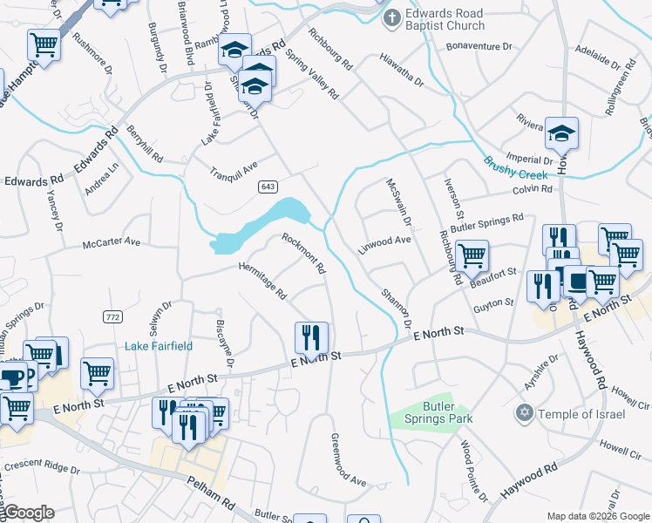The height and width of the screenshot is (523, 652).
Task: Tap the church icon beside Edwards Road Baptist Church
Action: [392, 17]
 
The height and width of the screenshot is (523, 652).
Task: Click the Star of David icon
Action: [524, 412]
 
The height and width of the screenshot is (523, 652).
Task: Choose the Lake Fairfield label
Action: [159, 345]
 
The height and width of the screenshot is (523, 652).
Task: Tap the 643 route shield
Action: [268, 187]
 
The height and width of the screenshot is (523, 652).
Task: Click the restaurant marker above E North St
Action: [311, 336]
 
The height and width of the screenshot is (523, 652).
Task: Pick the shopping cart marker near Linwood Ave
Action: [472, 256]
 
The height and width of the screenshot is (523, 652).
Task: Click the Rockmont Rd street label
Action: [303, 253]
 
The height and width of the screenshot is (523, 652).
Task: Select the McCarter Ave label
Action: [112, 241]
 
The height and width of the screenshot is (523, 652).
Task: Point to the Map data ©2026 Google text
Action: [597, 515]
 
